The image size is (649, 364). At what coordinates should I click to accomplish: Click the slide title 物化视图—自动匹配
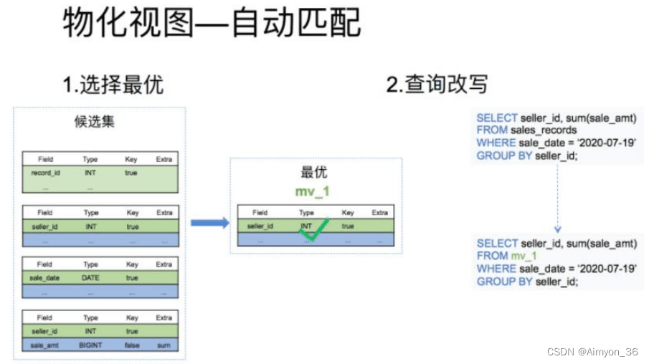[212, 23]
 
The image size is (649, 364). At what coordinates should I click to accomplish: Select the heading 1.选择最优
[113, 85]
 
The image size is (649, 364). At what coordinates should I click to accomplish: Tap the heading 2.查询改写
[437, 85]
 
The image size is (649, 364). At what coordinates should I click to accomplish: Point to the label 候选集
[95, 122]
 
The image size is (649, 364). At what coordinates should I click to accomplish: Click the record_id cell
[45, 173]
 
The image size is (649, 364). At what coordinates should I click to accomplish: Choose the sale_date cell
[44, 278]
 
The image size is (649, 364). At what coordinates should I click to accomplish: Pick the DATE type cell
[90, 278]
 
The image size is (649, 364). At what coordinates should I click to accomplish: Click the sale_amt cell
[44, 345]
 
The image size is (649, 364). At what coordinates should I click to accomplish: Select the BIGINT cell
[90, 345]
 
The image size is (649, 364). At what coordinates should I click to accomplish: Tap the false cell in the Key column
[132, 345]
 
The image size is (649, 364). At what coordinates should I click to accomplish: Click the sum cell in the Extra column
[164, 345]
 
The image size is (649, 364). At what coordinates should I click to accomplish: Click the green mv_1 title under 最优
[313, 191]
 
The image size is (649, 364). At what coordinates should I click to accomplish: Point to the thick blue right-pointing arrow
[210, 223]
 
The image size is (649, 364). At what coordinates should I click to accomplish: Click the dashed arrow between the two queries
[557, 198]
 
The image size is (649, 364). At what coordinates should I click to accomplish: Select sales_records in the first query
[544, 130]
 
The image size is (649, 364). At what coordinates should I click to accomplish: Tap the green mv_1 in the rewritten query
[524, 256]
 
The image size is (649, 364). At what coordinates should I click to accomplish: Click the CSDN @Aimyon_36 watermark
[592, 352]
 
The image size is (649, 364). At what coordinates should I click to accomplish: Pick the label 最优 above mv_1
[313, 172]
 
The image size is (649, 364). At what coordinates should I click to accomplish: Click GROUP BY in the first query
[504, 156]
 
